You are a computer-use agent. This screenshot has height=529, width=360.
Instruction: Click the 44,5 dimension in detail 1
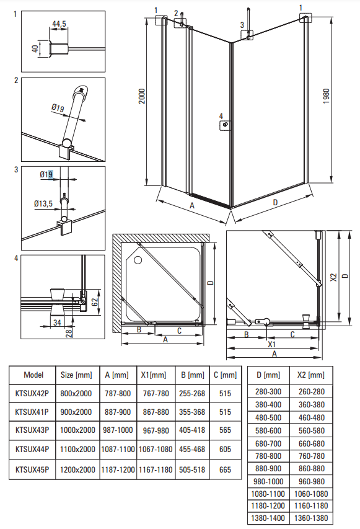point(59,24)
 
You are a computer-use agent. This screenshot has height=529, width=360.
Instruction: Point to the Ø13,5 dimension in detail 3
point(43,203)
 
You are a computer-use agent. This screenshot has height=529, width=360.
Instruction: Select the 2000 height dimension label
point(142,96)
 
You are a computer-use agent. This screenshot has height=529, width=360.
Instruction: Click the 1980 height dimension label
point(326,96)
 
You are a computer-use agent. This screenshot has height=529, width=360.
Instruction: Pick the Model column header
point(33,375)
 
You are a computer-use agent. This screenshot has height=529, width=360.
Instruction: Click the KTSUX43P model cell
point(32,430)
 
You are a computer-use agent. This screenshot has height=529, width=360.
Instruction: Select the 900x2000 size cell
point(76,412)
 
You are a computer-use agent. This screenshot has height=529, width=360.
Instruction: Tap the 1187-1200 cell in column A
point(118,469)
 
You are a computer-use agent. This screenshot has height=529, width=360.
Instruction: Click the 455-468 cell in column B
point(192,450)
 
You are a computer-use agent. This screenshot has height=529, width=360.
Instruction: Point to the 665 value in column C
point(225,469)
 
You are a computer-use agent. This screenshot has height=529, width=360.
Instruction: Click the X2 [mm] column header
point(311,375)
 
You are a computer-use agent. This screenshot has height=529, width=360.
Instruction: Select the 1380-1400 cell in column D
point(268,518)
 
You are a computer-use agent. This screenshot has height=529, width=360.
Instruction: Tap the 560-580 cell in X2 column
point(312,430)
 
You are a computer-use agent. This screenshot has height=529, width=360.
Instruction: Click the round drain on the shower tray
point(138,260)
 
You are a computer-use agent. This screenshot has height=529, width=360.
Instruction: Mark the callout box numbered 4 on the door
point(226,125)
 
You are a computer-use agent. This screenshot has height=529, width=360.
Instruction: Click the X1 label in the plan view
point(271,344)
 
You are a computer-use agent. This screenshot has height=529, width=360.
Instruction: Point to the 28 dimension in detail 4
point(69,333)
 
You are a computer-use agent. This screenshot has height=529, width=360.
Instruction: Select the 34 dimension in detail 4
point(57,322)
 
